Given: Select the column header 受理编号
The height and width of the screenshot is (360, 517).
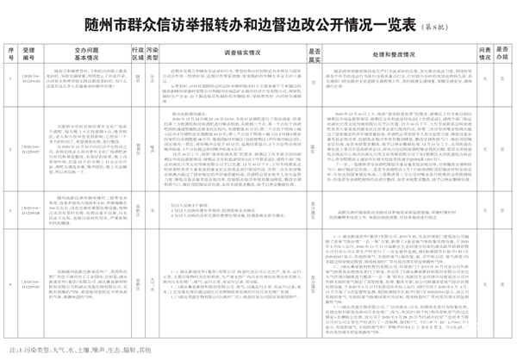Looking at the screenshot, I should (30, 53).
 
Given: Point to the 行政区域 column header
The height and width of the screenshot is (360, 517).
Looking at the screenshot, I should (136, 53).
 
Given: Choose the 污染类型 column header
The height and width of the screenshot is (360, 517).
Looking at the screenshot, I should (152, 53).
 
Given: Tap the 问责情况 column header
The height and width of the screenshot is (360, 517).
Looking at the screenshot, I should (485, 53).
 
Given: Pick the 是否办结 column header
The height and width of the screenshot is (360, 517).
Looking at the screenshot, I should (503, 53).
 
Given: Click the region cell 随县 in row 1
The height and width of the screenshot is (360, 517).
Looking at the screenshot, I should (136, 80).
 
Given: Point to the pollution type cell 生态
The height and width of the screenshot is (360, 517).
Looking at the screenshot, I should (152, 80).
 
